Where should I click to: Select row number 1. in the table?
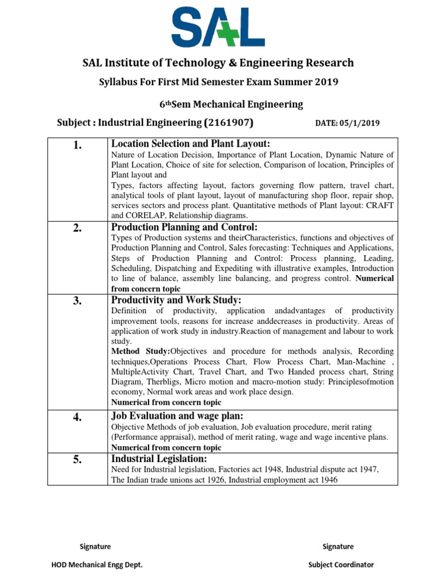point(77,146)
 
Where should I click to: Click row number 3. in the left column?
point(77,302)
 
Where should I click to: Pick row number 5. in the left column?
point(77,460)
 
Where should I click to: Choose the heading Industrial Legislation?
point(159,459)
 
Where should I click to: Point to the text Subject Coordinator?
point(341,564)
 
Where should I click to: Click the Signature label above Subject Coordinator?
point(338,546)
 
